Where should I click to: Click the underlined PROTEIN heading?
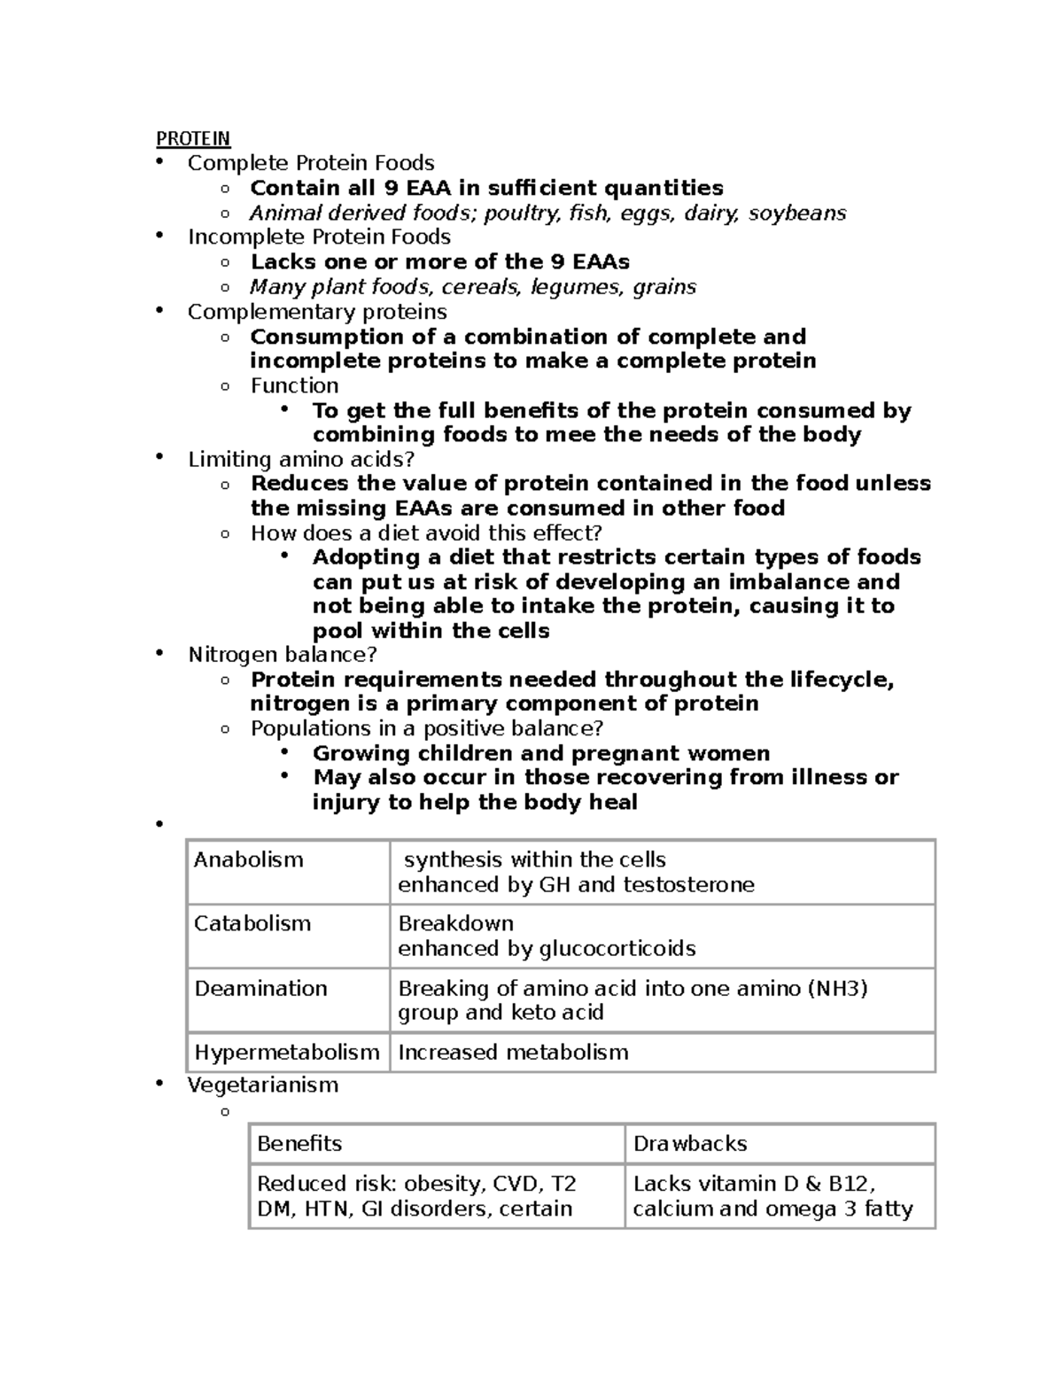pyautogui.click(x=193, y=138)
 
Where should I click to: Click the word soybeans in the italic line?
pyautogui.click(x=797, y=213)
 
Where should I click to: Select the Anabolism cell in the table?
pyautogui.click(x=248, y=859)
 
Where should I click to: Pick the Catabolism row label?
pyautogui.click(x=252, y=923)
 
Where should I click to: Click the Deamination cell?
pyautogui.click(x=260, y=988)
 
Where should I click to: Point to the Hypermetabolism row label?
pyautogui.click(x=286, y=1053)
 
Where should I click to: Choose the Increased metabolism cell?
pyautogui.click(x=513, y=1053)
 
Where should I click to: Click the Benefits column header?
pyautogui.click(x=299, y=1144)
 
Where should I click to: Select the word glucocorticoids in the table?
pyautogui.click(x=617, y=949)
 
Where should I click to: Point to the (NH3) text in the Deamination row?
pyautogui.click(x=836, y=988)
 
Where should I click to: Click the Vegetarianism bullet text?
pyautogui.click(x=263, y=1084)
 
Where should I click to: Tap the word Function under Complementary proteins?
pyautogui.click(x=294, y=385)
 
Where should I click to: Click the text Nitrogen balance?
pyautogui.click(x=283, y=655)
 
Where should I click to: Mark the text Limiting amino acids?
pyautogui.click(x=301, y=459)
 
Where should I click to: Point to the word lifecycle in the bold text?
pyautogui.click(x=838, y=680)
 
